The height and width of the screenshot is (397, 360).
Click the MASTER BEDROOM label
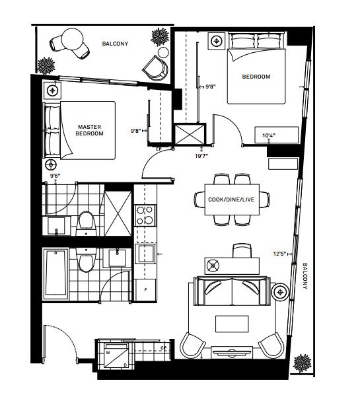(x=90, y=130)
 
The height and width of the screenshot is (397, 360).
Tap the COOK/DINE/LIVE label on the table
(x=231, y=199)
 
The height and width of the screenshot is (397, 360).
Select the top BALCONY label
(x=115, y=44)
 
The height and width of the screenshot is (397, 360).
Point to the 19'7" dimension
(x=201, y=156)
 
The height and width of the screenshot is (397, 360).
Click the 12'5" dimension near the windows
(x=280, y=254)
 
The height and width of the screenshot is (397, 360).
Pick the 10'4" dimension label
(x=269, y=135)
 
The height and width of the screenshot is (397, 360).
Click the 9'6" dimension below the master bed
(x=55, y=176)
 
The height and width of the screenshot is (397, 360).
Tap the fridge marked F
(x=145, y=289)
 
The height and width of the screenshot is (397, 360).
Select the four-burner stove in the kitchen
(x=145, y=215)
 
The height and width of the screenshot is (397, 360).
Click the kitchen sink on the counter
(x=145, y=254)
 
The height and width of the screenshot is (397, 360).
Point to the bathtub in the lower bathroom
(x=55, y=274)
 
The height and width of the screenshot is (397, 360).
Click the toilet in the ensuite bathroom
(x=86, y=223)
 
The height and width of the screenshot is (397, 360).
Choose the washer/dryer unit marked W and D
(x=117, y=355)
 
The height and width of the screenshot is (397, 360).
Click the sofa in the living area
(x=233, y=291)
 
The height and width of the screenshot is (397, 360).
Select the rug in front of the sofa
(x=232, y=324)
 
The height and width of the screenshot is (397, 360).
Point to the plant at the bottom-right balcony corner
(x=302, y=363)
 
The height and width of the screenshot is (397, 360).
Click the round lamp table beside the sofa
(x=280, y=292)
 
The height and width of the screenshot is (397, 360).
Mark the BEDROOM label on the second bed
(x=256, y=77)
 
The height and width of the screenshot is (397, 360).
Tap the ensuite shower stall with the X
(x=118, y=213)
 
